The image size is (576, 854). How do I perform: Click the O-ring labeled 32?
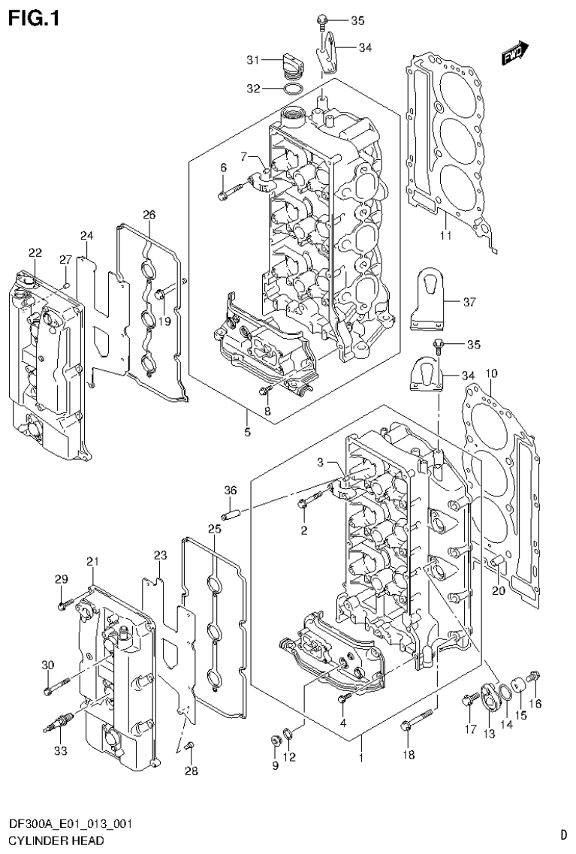pyautogui.click(x=294, y=90)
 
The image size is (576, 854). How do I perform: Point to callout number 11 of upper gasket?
pyautogui.click(x=445, y=237)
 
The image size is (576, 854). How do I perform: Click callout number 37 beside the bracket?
pyautogui.click(x=469, y=303)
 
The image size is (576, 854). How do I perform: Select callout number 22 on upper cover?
pyautogui.click(x=35, y=252)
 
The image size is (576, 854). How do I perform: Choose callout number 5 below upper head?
pyautogui.click(x=247, y=432)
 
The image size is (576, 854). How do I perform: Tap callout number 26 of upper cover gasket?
pyautogui.click(x=149, y=215)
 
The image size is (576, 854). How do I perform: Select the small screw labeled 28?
pyautogui.click(x=190, y=745)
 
